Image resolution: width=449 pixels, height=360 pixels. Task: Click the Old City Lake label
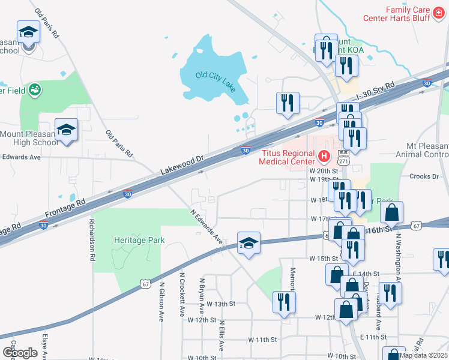(x=215, y=76)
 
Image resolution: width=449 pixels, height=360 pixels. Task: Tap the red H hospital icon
(x=324, y=157)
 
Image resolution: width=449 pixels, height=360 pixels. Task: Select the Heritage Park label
(x=139, y=240)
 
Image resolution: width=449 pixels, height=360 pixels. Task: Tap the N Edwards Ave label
(x=207, y=226)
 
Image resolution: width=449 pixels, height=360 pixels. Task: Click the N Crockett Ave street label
(x=181, y=295)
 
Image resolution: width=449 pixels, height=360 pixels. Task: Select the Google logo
(x=20, y=352)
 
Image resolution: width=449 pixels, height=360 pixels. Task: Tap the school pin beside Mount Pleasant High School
(x=67, y=131)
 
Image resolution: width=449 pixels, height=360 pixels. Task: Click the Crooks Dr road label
(x=424, y=176)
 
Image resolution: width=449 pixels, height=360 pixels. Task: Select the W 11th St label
(x=264, y=339)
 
